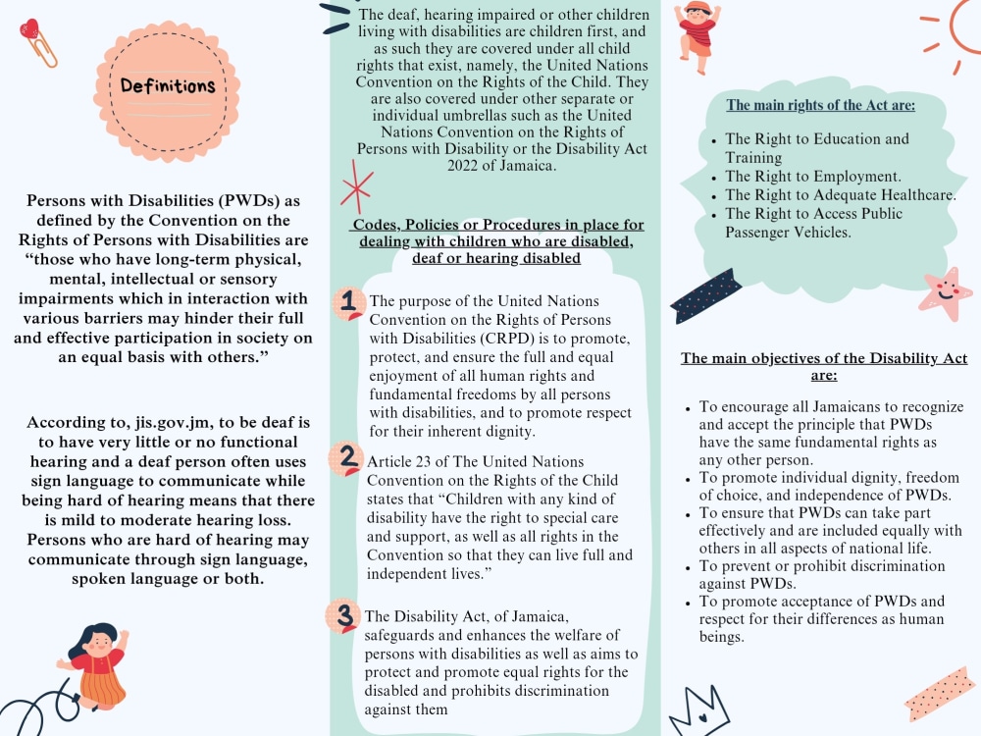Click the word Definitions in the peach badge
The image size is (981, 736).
(168, 85)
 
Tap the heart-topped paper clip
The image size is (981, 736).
(37, 42)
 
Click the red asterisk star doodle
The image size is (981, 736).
(357, 187)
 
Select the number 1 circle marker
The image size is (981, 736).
(348, 303)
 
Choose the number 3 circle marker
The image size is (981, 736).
(342, 616)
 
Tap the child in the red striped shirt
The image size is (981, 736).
(697, 35)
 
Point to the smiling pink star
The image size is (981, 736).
(946, 293)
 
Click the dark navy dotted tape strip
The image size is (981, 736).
(705, 296)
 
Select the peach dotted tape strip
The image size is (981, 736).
(940, 694)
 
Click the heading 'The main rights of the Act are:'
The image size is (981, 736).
(820, 105)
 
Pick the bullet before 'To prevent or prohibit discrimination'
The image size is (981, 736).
(688, 568)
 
